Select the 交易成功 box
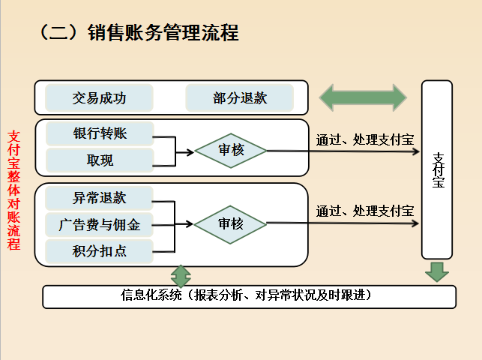[99, 98]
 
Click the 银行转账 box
[100, 133]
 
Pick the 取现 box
[100, 160]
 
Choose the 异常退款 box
[100, 198]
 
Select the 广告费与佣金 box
[100, 224]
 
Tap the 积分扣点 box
[100, 250]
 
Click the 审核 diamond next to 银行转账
[231, 150]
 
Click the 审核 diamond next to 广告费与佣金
[231, 223]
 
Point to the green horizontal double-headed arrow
[363, 97]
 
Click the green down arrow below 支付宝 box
[437, 271]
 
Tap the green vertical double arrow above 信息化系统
[181, 274]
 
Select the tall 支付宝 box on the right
[438, 169]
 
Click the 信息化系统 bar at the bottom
[249, 296]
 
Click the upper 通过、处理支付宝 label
[365, 139]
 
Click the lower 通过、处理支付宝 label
[365, 211]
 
